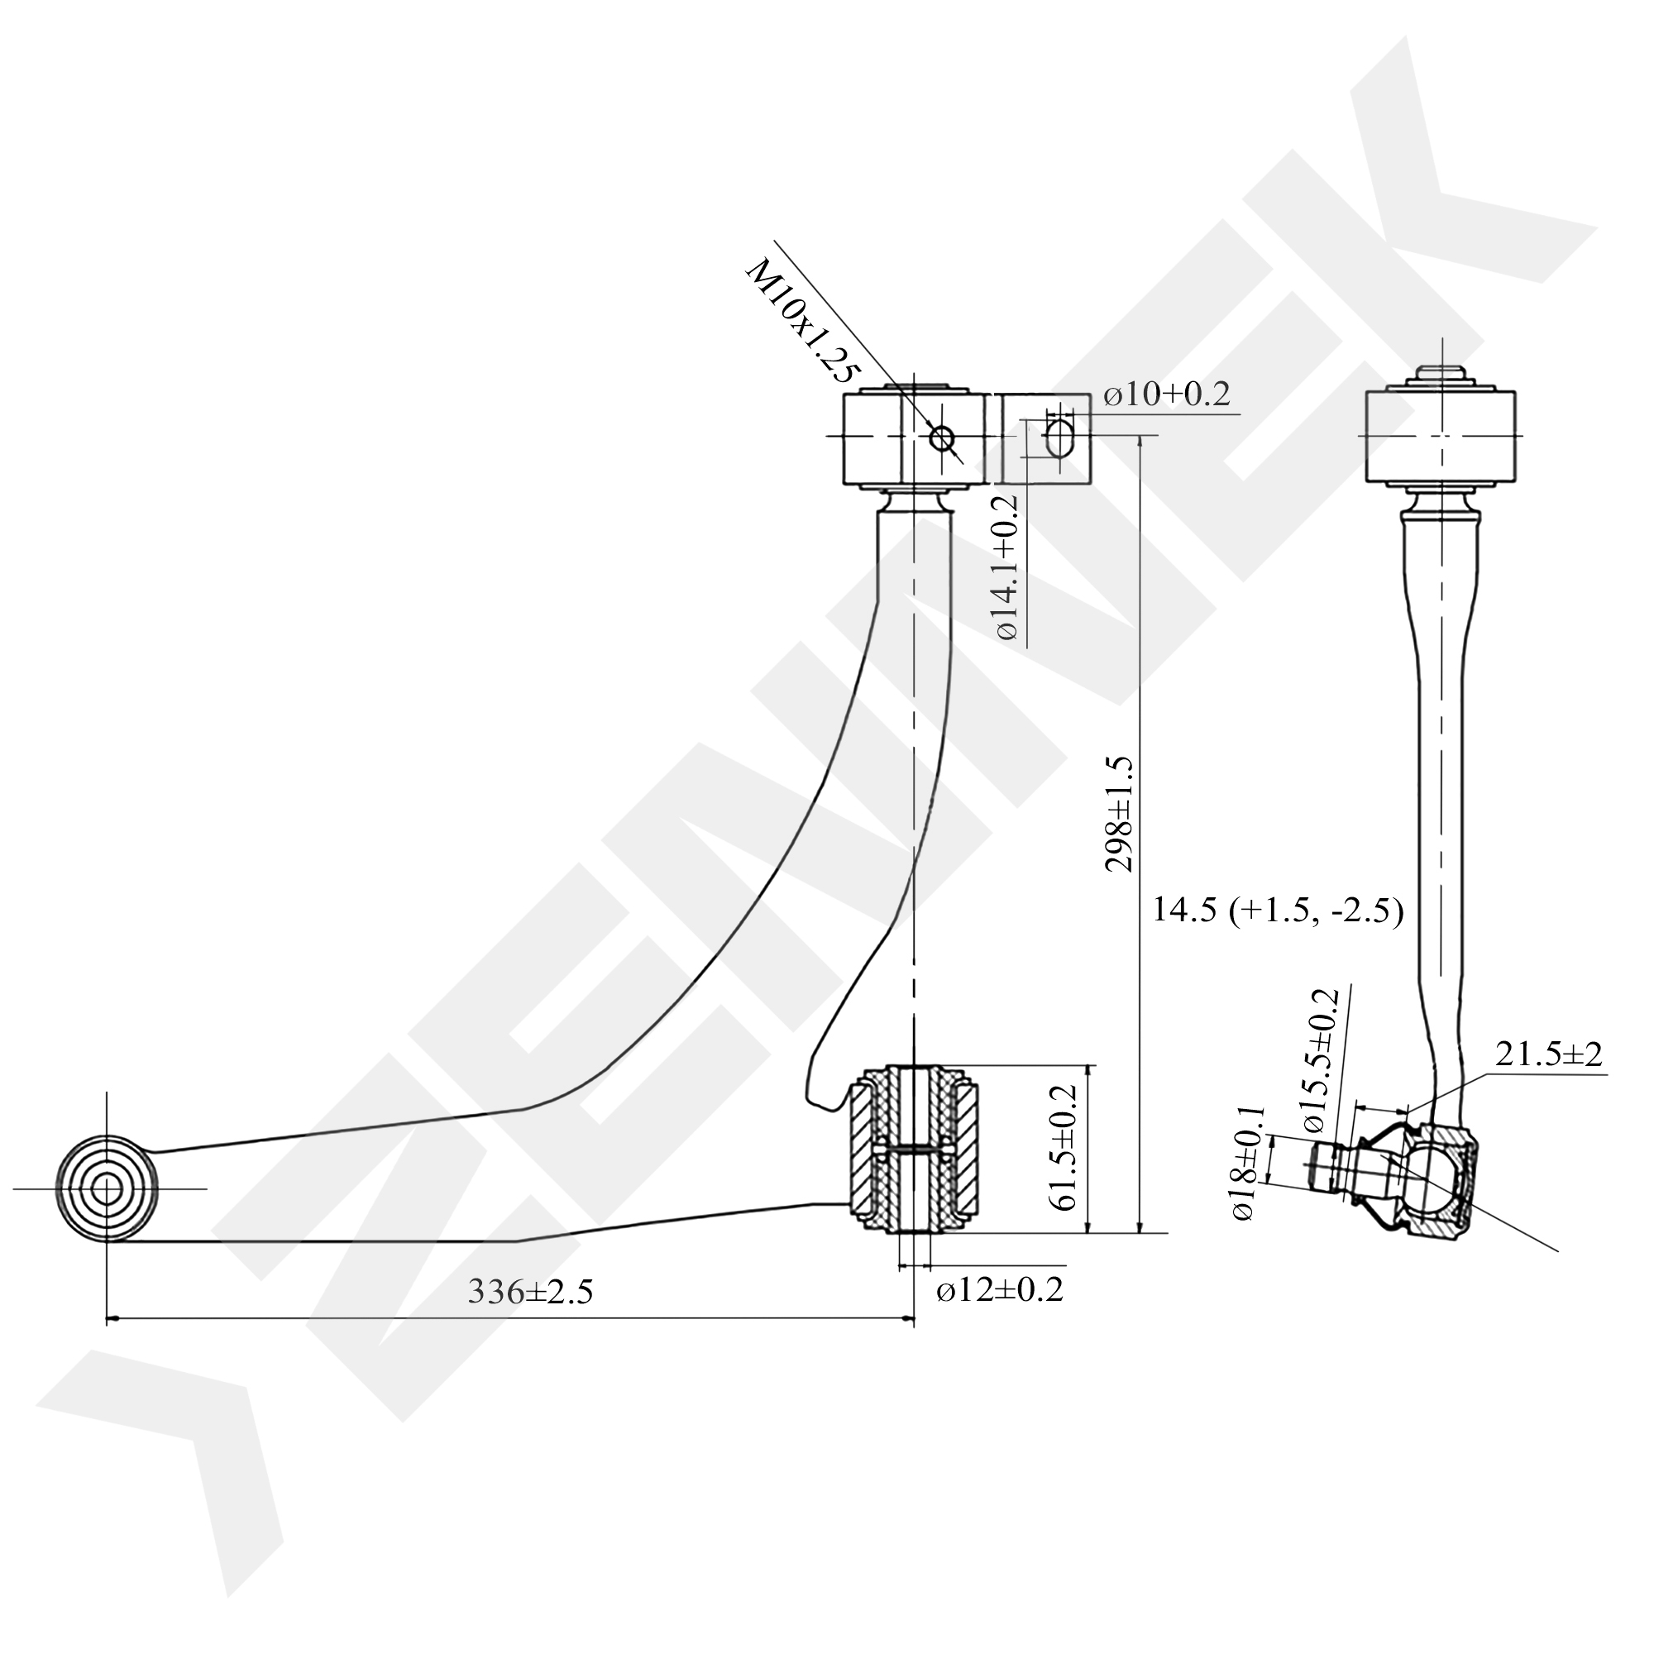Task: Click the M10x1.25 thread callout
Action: click(802, 321)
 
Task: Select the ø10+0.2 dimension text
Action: click(1166, 394)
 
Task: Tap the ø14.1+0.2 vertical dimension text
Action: click(1008, 566)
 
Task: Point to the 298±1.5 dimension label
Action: click(1119, 813)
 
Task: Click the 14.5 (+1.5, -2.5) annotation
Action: click(1279, 910)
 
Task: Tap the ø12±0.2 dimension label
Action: click(999, 1289)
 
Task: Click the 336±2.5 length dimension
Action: click(531, 1291)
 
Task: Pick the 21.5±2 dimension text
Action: click(1549, 1054)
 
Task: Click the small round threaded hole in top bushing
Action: click(943, 438)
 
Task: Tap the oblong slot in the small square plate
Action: click(1059, 437)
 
